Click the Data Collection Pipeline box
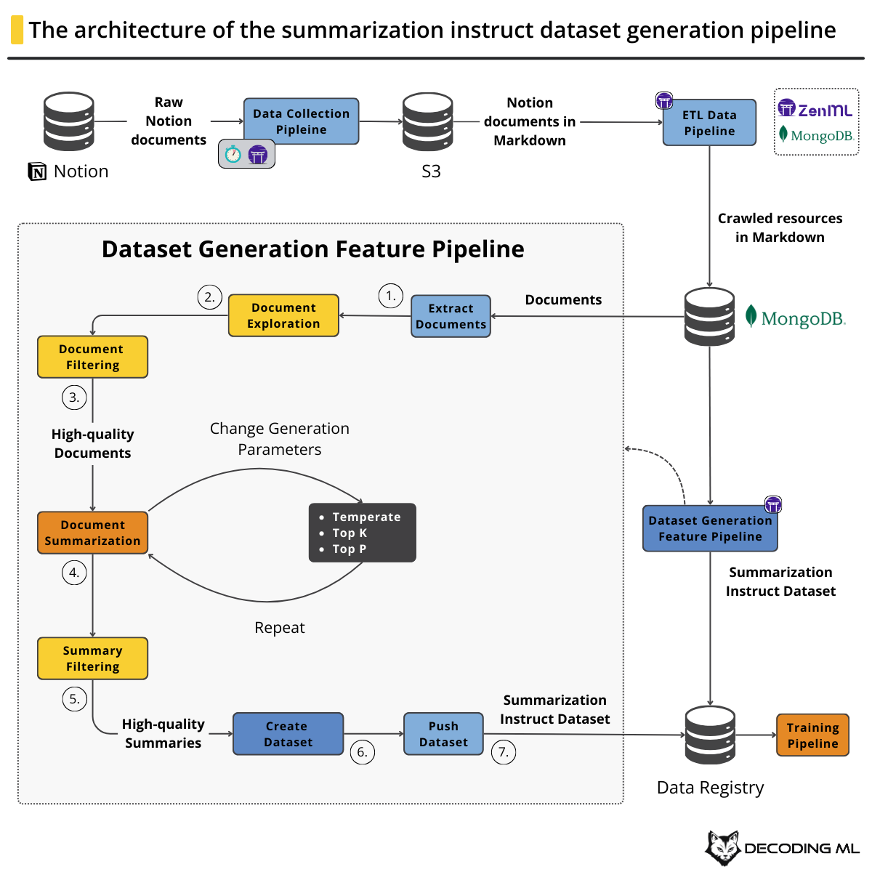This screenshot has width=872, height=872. (301, 121)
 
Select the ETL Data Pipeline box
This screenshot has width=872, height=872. (709, 123)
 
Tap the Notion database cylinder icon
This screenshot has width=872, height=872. (69, 121)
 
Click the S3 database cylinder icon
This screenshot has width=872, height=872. (428, 121)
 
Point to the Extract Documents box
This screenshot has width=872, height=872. (451, 316)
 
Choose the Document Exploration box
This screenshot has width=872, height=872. (283, 315)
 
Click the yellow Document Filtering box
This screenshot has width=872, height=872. (92, 357)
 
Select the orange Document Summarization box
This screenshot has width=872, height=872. (92, 533)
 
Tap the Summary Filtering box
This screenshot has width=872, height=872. (92, 658)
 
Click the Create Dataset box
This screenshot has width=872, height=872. (288, 734)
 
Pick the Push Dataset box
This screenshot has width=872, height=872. (443, 734)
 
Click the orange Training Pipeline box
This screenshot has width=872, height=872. (812, 735)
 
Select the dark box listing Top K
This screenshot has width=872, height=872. (363, 533)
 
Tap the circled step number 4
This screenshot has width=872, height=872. (74, 573)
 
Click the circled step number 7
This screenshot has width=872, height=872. (504, 752)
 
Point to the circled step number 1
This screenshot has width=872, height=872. (391, 296)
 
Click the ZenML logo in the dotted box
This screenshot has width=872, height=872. (815, 110)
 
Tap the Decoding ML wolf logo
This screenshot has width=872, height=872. (722, 847)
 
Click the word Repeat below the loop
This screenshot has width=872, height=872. (280, 628)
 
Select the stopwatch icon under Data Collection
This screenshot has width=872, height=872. (233, 154)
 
